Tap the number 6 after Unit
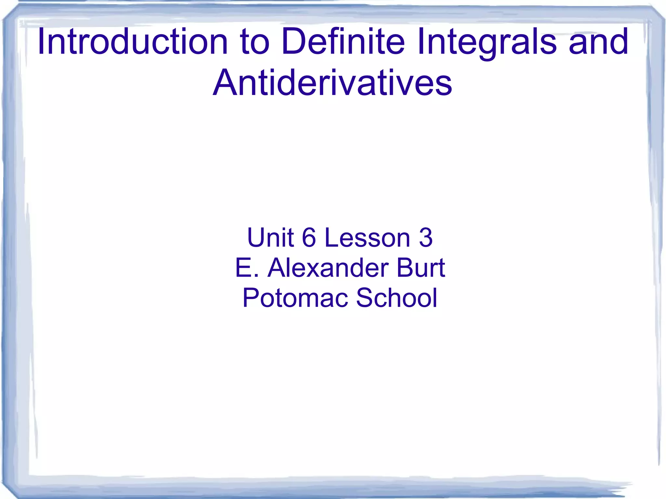coord(309,237)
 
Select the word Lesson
coord(367,237)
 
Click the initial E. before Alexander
coord(246,268)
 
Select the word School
coord(397,297)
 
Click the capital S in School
coord(365,297)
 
